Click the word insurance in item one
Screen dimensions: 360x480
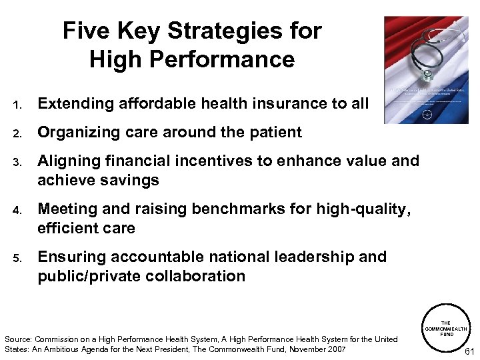(x=273, y=103)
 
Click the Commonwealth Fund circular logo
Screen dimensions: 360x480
(x=446, y=329)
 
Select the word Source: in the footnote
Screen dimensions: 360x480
(x=18, y=339)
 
